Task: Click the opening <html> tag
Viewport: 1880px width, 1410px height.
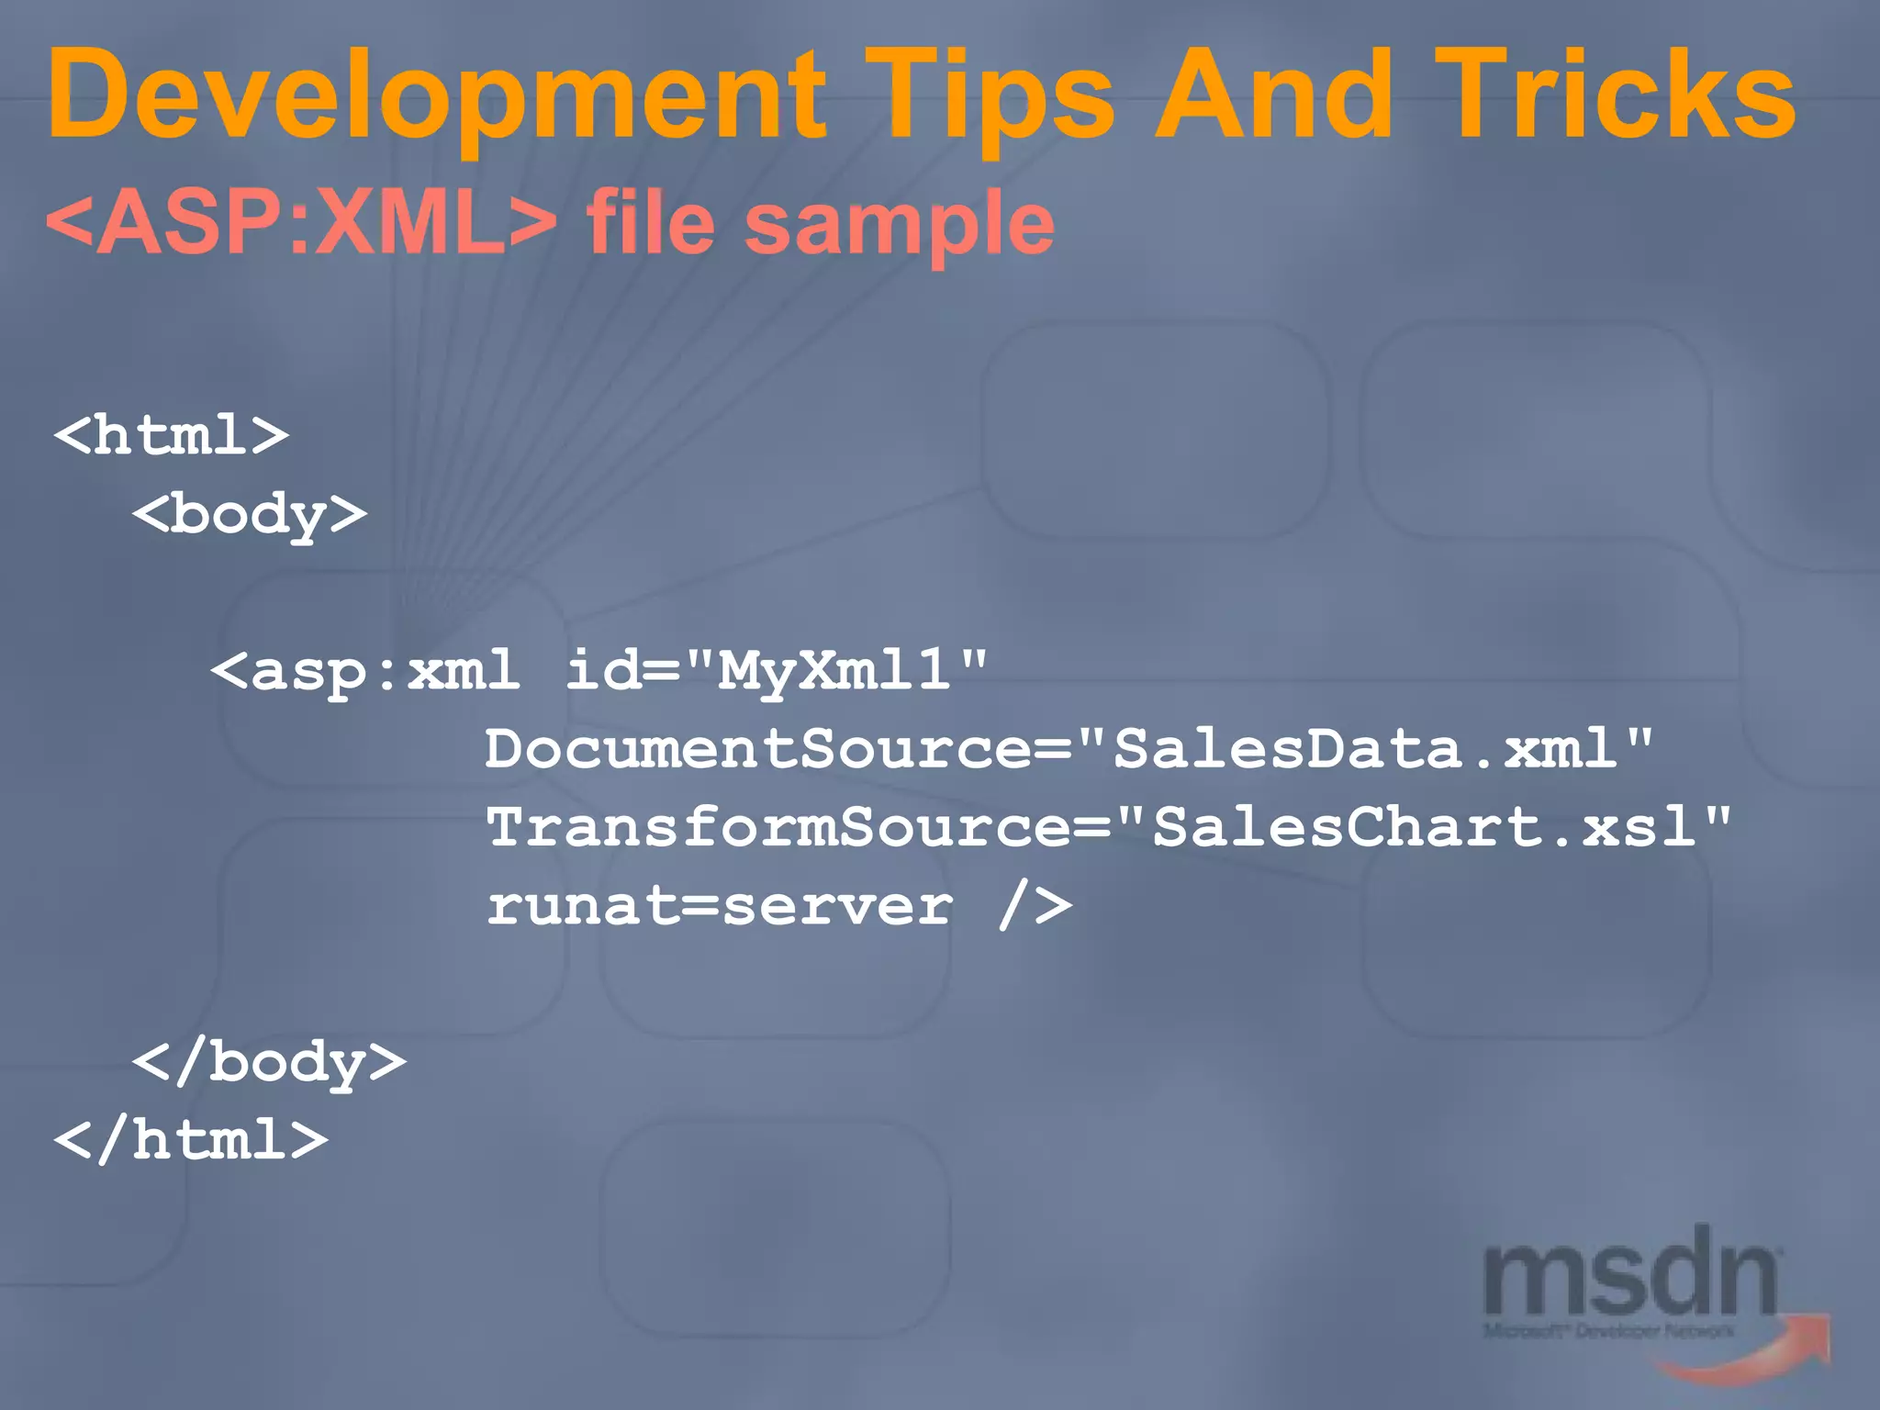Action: coord(172,435)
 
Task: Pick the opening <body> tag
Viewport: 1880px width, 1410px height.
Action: coord(250,514)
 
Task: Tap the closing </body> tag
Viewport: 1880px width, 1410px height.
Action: coord(269,1063)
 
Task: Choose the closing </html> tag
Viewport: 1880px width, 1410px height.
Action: coord(191,1141)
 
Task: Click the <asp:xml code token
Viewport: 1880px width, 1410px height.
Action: coord(364,671)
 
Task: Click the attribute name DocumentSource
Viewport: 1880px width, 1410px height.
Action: coord(758,749)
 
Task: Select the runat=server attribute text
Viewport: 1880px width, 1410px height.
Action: coord(720,907)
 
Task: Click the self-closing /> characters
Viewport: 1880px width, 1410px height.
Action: coord(1035,907)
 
